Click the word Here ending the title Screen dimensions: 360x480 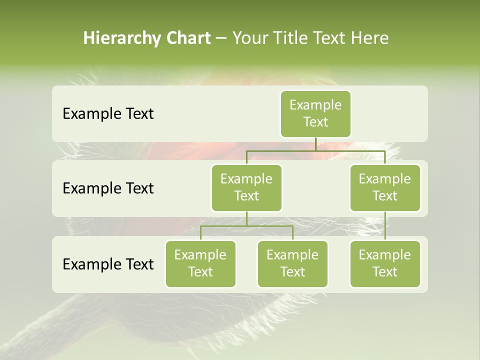tap(370, 38)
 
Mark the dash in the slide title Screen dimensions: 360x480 tap(221, 38)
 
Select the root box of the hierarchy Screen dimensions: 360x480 tap(315, 114)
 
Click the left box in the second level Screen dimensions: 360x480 tap(246, 188)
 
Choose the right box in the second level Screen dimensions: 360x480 tap(385, 188)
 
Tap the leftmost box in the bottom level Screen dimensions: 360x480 tap(200, 264)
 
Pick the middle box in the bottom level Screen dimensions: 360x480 tap(292, 264)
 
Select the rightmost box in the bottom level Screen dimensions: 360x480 tap(385, 264)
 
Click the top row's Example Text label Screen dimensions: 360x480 tap(108, 114)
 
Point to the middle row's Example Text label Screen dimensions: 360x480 tap(108, 188)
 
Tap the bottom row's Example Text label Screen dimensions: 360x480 tap(108, 264)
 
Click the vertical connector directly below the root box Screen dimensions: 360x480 tap(315, 144)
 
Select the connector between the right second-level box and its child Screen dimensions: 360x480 tap(385, 226)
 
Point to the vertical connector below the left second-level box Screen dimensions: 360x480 tap(246, 218)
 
